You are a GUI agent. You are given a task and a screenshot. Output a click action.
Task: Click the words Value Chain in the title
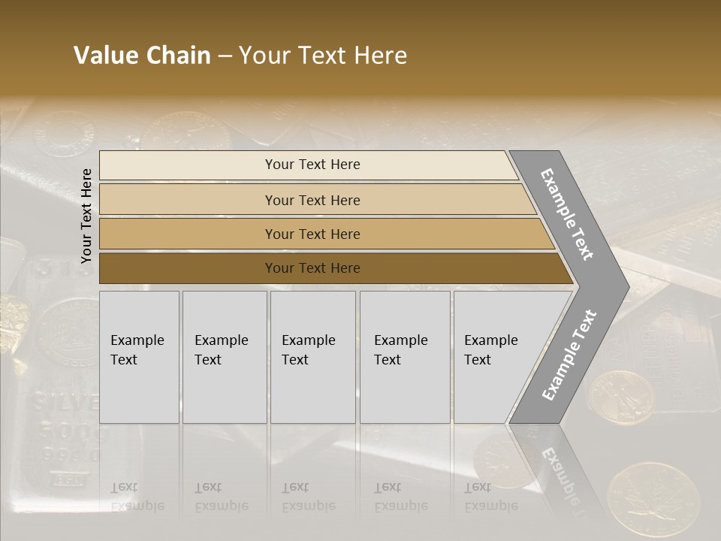(142, 56)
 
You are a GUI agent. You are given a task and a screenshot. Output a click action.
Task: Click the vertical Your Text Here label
(86, 216)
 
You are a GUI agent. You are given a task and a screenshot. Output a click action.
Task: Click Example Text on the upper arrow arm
(567, 214)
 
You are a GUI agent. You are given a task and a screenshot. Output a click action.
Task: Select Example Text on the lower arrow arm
(569, 355)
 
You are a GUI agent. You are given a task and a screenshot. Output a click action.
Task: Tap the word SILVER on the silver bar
(64, 403)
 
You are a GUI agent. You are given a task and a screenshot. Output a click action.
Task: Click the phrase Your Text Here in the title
(323, 56)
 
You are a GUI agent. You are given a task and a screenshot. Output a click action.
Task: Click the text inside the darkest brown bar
(312, 268)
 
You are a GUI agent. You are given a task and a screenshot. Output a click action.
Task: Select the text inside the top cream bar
(312, 165)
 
